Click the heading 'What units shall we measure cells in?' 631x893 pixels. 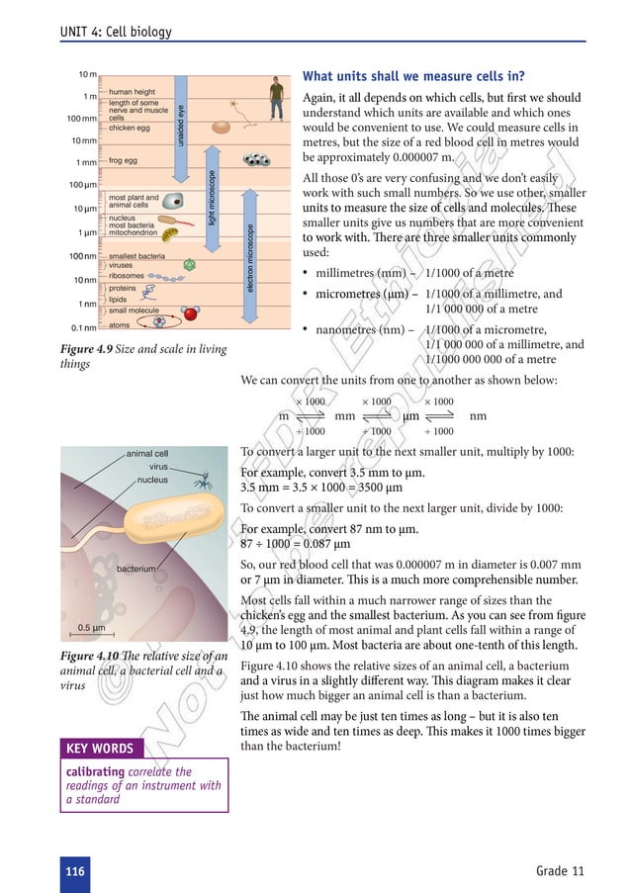[413, 77]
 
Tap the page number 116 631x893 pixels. [73, 870]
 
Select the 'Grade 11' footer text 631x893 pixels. [560, 870]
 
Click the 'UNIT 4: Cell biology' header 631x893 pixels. [116, 32]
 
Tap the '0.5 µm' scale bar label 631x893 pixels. [92, 628]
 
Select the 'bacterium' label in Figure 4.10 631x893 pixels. [135, 570]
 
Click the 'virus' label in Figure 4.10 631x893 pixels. [158, 466]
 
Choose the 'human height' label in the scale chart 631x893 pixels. [134, 91]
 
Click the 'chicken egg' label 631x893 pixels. [130, 128]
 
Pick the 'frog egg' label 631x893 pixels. [124, 159]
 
